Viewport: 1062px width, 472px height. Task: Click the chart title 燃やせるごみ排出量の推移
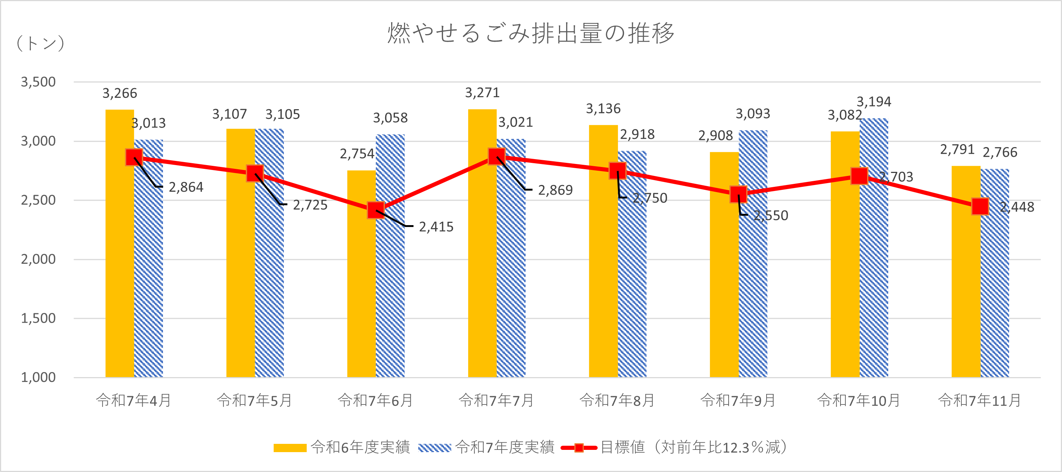coord(530,33)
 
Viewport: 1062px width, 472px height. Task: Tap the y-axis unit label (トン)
coord(41,43)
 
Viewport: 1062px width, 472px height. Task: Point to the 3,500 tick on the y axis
coord(38,82)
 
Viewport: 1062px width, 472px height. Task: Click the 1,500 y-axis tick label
coord(38,318)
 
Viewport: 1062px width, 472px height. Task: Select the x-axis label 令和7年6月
coord(375,400)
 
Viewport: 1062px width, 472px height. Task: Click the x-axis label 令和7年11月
coord(979,400)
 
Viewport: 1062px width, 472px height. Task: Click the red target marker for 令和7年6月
coord(375,210)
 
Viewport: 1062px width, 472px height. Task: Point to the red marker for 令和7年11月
coord(980,206)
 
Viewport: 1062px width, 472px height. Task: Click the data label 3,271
coord(482,93)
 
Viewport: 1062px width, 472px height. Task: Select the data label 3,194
coord(874,101)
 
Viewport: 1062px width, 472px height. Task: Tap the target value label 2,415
coord(436,227)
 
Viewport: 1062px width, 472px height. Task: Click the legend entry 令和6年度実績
coord(342,447)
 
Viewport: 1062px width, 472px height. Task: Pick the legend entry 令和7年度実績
coord(487,447)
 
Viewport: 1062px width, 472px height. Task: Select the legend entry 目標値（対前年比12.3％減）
coord(676,447)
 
